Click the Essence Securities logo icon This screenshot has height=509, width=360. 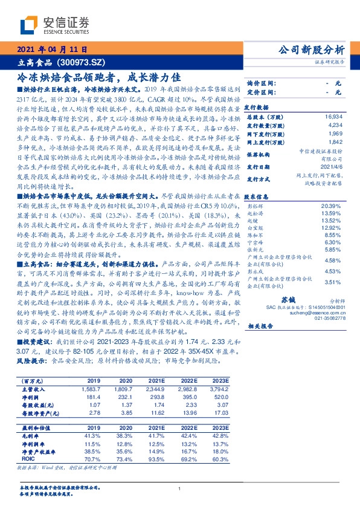click(x=28, y=25)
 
